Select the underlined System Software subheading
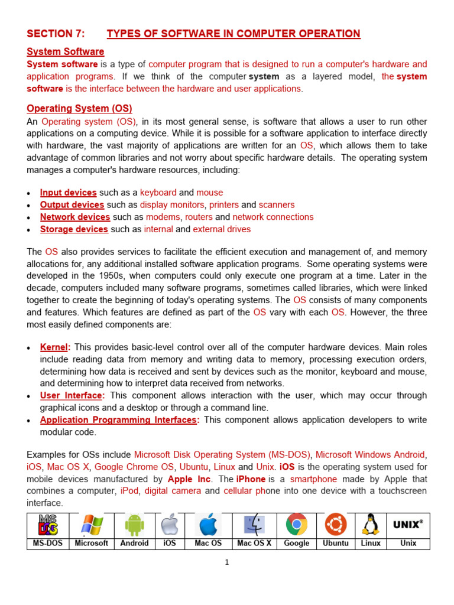(66, 51)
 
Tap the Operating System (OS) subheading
(79, 109)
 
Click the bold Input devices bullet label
(68, 193)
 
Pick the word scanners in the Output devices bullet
(276, 205)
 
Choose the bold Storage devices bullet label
(74, 229)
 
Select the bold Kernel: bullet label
(55, 347)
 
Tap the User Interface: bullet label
(73, 396)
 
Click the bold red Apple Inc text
(189, 479)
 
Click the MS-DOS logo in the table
(48, 525)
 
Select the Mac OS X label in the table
(254, 543)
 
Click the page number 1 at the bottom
(226, 562)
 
